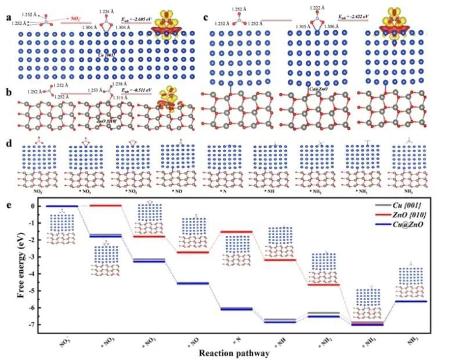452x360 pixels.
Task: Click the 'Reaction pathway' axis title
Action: (x=234, y=352)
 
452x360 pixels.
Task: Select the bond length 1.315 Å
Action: (x=123, y=98)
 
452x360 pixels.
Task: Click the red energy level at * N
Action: (x=236, y=232)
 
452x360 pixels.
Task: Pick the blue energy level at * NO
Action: (x=192, y=283)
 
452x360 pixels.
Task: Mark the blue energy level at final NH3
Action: (x=411, y=301)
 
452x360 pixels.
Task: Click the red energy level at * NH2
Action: (x=323, y=284)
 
